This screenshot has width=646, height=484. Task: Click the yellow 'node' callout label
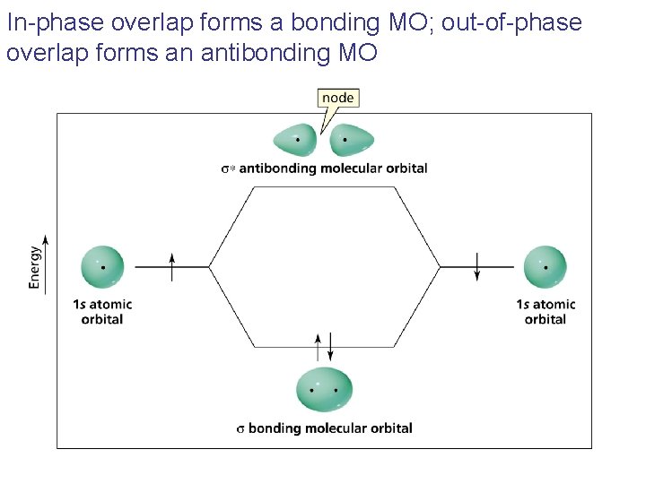coord(337,98)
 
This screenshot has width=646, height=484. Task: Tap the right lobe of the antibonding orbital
coord(352,140)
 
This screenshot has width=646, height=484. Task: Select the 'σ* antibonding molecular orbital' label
coord(324,169)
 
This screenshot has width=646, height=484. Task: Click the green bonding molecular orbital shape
coord(324,390)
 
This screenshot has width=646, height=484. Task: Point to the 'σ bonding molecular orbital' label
coord(324,428)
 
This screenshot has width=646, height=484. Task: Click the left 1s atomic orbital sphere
coord(103,266)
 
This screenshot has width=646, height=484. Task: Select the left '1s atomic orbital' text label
coord(102,311)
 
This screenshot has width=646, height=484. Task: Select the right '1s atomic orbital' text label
coord(546,311)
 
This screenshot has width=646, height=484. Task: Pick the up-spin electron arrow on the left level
coord(172,265)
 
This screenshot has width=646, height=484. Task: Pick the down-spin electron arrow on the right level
coord(477,266)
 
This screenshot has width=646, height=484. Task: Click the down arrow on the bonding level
coord(331,346)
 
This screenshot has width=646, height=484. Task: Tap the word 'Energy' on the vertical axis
coord(35,267)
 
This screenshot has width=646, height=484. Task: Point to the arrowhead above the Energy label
coord(45,240)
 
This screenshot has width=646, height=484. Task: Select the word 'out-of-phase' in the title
coord(527,22)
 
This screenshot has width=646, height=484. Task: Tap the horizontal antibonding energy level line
coord(324,187)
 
